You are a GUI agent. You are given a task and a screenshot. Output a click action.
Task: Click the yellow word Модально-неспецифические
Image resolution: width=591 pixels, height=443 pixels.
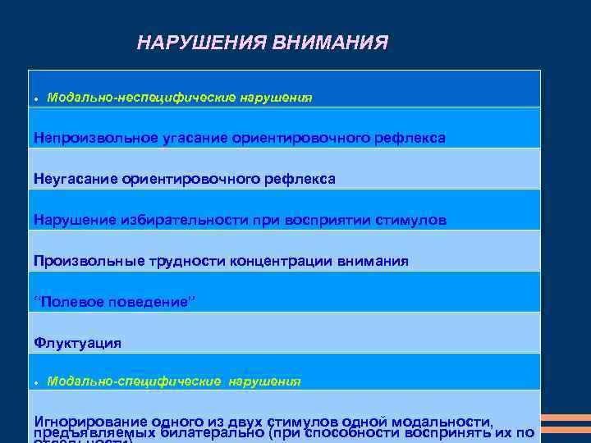(x=141, y=97)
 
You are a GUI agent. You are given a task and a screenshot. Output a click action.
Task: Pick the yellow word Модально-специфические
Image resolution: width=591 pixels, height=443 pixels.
(x=134, y=381)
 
